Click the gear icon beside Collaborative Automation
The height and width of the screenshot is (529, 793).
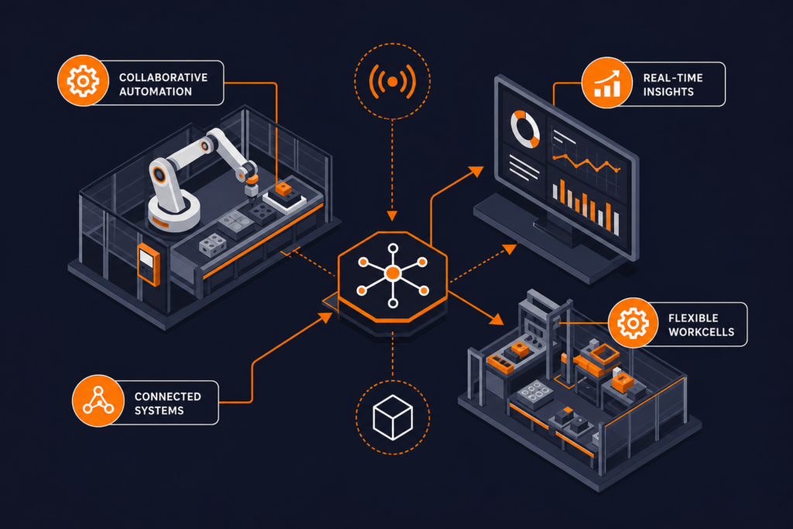(x=83, y=81)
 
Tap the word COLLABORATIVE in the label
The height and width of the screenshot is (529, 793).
(x=163, y=77)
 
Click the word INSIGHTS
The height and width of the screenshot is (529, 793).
(x=668, y=92)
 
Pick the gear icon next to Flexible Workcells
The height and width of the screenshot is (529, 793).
(x=633, y=323)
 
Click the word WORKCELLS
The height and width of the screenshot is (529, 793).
(x=702, y=332)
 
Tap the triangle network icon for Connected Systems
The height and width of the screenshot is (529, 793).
(x=98, y=400)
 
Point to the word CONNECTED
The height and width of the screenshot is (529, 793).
(x=168, y=397)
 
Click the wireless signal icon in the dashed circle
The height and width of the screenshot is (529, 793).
(x=393, y=81)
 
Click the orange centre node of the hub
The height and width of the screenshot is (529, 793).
(x=393, y=274)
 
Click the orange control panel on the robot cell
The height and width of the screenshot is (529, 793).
(x=149, y=264)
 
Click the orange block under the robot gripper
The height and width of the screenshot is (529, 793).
(x=283, y=190)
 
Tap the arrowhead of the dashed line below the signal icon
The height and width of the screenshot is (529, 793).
(x=392, y=216)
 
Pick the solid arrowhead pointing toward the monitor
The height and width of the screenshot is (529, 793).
(x=476, y=171)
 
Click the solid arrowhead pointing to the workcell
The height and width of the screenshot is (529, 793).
(x=496, y=318)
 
